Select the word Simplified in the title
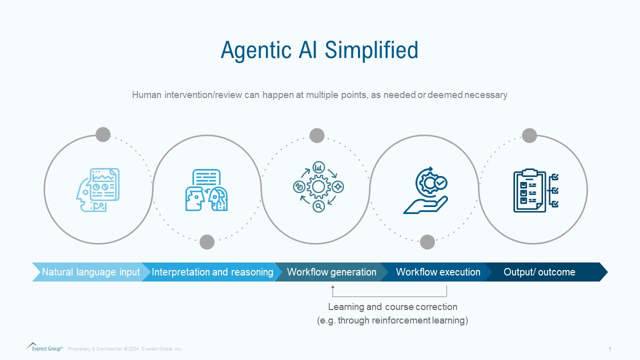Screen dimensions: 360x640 (x=371, y=50)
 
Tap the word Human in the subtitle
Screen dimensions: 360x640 (x=146, y=94)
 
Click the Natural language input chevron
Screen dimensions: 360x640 (x=90, y=272)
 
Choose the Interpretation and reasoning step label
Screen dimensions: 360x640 (x=212, y=272)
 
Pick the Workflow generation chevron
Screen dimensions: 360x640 (x=331, y=272)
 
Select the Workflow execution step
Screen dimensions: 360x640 (x=437, y=272)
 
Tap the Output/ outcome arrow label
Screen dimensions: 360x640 (x=539, y=272)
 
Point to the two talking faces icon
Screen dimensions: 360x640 (x=206, y=190)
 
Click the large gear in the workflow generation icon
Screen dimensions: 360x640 (x=318, y=187)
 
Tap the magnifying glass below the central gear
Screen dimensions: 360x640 (x=318, y=206)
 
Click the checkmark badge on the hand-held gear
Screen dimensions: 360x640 (x=440, y=183)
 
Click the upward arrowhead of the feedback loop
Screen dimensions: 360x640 (x=332, y=287)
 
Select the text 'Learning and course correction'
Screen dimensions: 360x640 (x=392, y=306)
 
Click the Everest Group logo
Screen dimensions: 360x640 (x=44, y=347)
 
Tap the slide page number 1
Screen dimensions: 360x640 (x=609, y=349)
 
